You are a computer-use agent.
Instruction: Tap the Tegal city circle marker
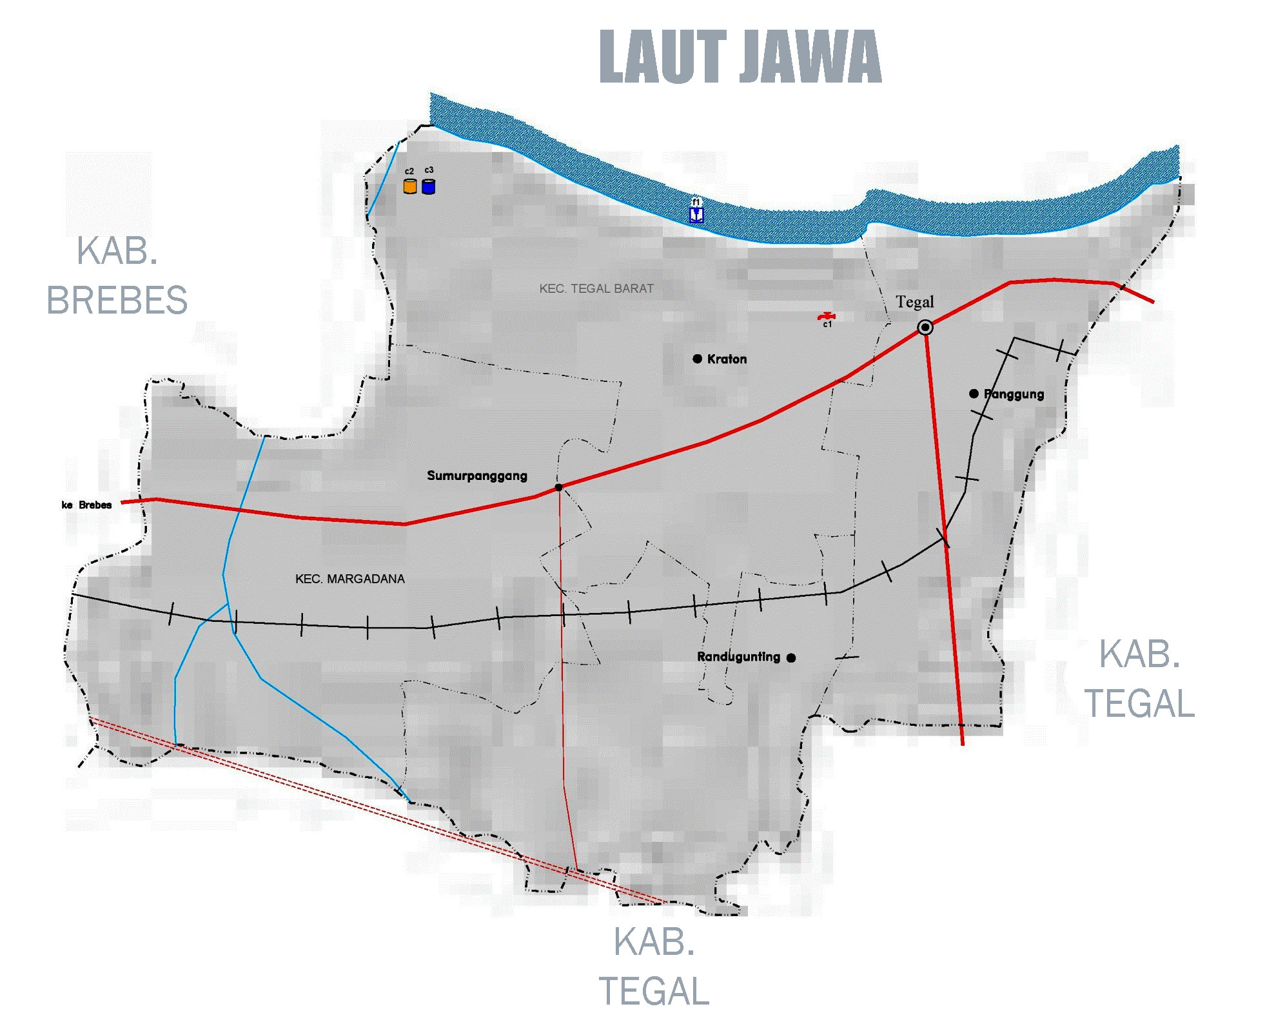click(x=925, y=328)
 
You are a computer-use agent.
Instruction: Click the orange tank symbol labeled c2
click(x=410, y=186)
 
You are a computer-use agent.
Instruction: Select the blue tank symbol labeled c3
click(x=429, y=186)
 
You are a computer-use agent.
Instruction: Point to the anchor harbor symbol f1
click(x=696, y=214)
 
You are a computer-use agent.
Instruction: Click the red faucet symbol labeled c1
click(x=827, y=316)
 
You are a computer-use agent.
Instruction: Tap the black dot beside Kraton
click(x=698, y=359)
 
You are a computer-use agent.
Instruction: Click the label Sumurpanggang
click(x=477, y=476)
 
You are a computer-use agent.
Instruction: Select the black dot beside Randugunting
click(x=791, y=658)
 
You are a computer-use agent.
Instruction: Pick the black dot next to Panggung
click(x=974, y=394)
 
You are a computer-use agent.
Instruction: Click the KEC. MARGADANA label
click(x=350, y=579)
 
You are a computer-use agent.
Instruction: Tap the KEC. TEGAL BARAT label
click(x=596, y=289)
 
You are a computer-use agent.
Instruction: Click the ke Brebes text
click(x=87, y=505)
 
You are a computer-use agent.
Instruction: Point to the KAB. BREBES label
click(x=117, y=276)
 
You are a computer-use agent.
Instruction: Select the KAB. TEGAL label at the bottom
click(x=654, y=967)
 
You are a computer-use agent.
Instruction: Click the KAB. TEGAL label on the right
click(x=1139, y=679)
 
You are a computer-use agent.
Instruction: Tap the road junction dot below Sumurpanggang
click(x=559, y=488)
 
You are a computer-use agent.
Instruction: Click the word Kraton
click(x=727, y=359)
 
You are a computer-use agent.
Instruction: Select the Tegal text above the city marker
click(x=914, y=302)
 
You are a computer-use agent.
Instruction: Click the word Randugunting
click(x=738, y=657)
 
